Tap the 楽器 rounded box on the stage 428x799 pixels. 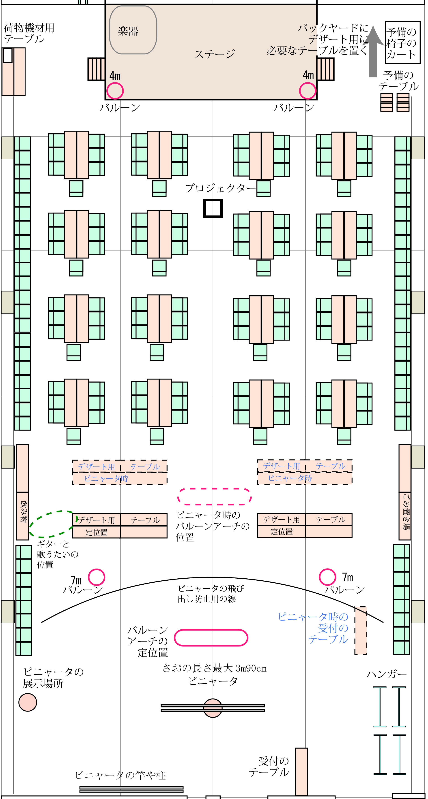click(x=133, y=30)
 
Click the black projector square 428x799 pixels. click(x=213, y=209)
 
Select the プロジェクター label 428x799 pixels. click(x=220, y=188)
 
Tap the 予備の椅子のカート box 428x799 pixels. click(x=402, y=43)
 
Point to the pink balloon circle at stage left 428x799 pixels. click(x=115, y=91)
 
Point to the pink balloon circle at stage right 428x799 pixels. click(x=307, y=91)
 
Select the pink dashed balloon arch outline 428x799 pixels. click(x=214, y=496)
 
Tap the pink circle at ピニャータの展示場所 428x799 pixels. click(x=28, y=703)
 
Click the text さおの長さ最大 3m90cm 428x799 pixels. click(x=215, y=668)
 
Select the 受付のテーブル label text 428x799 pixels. click(x=269, y=766)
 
